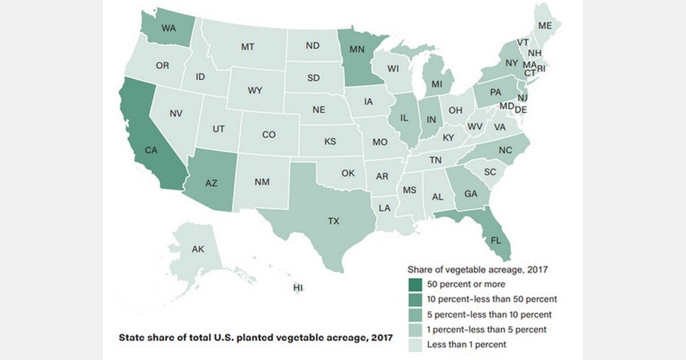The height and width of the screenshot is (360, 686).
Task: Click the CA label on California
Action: [x=151, y=150]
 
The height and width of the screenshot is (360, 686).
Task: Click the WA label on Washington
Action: [x=168, y=27]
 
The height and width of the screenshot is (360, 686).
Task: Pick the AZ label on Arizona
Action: [x=211, y=183]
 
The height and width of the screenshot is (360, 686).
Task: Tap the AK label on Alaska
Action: [x=198, y=249]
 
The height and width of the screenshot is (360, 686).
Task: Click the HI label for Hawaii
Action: [x=297, y=287]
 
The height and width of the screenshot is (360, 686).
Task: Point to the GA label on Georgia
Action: [x=470, y=194]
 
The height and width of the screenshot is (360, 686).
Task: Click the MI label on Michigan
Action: [x=437, y=84]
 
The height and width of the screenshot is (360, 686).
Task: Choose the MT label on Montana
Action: [x=247, y=47]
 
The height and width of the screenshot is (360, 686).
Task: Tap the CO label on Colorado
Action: [x=269, y=135]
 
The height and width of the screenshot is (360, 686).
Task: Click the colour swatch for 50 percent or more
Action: [x=414, y=283]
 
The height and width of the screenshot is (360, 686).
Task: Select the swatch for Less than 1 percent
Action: [x=414, y=345]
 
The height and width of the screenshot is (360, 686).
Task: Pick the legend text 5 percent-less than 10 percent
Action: [x=489, y=314]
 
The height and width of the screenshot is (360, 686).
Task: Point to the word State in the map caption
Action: [x=131, y=337]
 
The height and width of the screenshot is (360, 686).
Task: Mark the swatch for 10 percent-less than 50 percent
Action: [x=414, y=299]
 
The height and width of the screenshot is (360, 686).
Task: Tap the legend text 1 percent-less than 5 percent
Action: [x=487, y=330]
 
